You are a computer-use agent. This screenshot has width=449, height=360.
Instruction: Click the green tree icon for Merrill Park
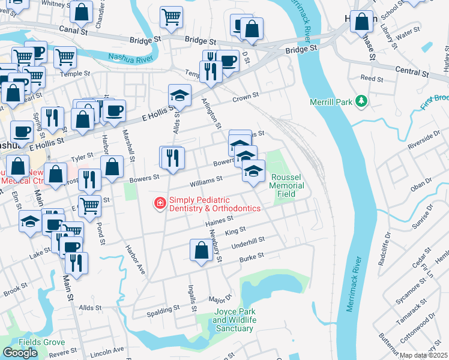click(361, 101)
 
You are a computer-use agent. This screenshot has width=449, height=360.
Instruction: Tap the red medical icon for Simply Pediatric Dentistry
click(160, 204)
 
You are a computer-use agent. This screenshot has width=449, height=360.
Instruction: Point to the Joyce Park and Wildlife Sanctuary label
click(234, 320)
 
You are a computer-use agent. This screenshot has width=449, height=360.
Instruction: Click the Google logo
click(20, 353)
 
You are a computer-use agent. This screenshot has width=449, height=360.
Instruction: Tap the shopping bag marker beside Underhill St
click(200, 250)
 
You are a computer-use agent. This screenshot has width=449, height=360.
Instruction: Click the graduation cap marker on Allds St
click(179, 95)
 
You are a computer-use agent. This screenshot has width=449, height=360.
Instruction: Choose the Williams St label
click(206, 179)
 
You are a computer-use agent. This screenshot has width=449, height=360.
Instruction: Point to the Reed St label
click(372, 79)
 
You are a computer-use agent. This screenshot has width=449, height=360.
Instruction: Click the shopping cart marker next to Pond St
click(89, 206)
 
